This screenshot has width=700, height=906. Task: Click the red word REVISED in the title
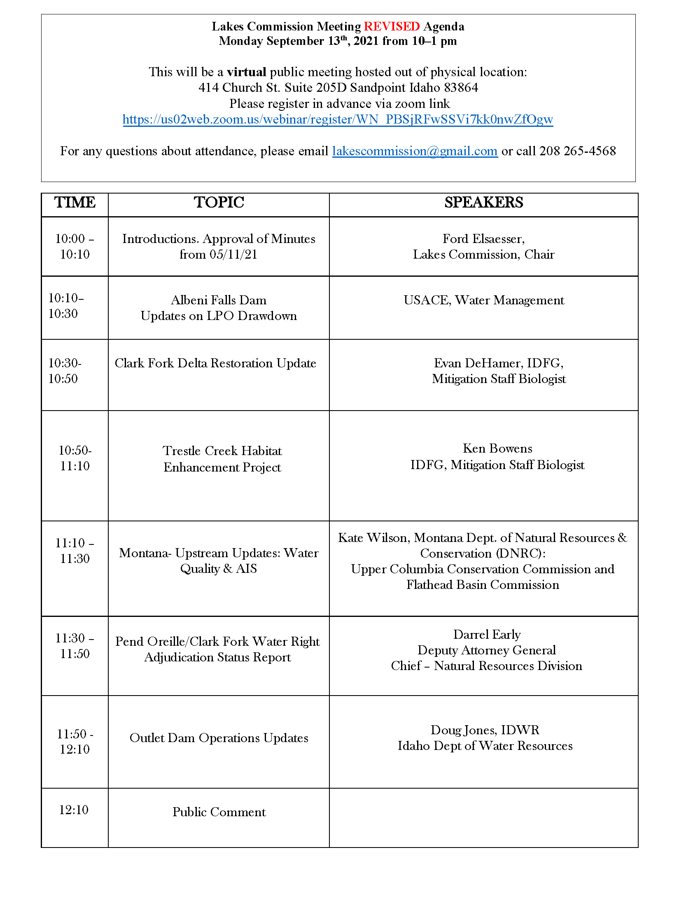click(x=392, y=26)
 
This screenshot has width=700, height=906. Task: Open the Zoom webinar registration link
click(x=338, y=119)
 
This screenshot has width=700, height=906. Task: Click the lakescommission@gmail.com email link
click(x=415, y=151)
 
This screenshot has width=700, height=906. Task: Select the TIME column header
click(x=75, y=203)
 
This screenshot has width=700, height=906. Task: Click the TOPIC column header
click(x=219, y=203)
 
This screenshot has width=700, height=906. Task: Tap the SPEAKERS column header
click(x=483, y=203)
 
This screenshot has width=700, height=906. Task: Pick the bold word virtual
click(x=246, y=72)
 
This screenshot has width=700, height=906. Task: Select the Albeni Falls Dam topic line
click(x=219, y=300)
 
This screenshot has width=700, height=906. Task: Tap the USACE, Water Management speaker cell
click(x=483, y=300)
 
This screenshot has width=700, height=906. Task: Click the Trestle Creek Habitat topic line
click(x=222, y=451)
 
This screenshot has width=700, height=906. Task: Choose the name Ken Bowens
click(x=497, y=448)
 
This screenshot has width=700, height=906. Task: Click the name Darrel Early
click(x=486, y=635)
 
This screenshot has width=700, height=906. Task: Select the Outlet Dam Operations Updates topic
click(x=219, y=738)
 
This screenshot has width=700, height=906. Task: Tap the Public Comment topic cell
click(x=219, y=812)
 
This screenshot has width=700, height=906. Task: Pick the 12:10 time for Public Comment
click(x=74, y=810)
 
